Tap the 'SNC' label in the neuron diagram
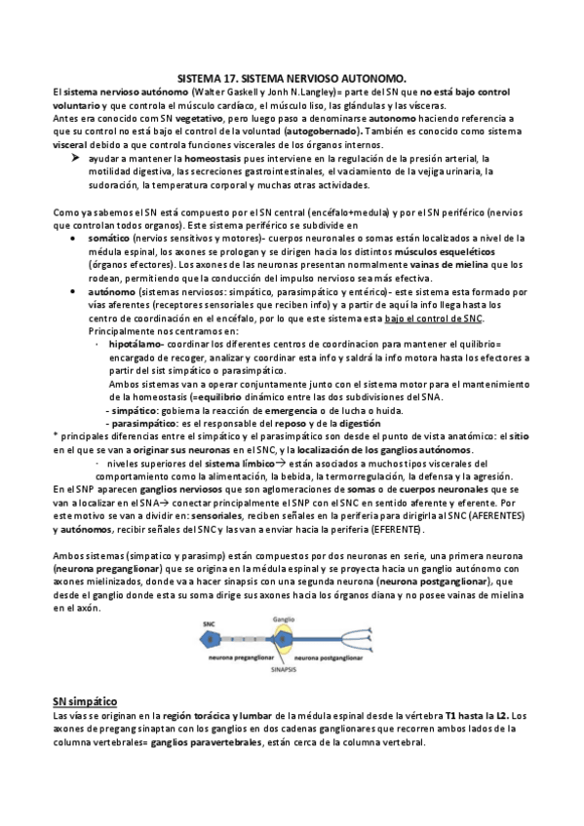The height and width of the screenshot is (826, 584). [209, 622]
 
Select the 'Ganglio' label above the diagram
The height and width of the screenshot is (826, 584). [284, 617]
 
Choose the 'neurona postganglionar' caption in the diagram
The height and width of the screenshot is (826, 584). [337, 659]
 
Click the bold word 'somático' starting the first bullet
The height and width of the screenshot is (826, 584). [108, 237]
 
